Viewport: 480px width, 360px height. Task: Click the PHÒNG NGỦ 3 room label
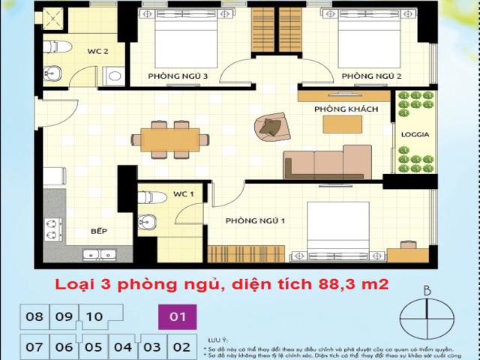[178, 76]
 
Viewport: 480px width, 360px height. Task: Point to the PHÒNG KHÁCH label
[346, 110]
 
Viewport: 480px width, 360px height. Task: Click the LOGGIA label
[415, 136]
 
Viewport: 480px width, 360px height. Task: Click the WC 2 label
[98, 52]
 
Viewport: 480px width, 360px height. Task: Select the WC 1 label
[184, 194]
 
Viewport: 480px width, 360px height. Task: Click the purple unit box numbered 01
[177, 316]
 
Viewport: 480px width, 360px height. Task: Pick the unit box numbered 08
[34, 316]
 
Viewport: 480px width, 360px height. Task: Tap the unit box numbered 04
[122, 346]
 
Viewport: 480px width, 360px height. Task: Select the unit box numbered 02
[181, 346]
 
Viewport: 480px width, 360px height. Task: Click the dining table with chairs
[166, 139]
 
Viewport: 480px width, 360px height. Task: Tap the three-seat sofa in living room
[327, 163]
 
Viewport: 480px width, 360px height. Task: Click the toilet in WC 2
[56, 47]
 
